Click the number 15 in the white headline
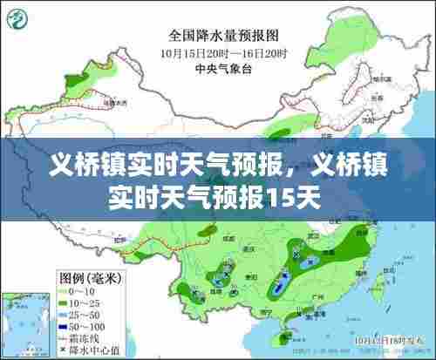point(284,196)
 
